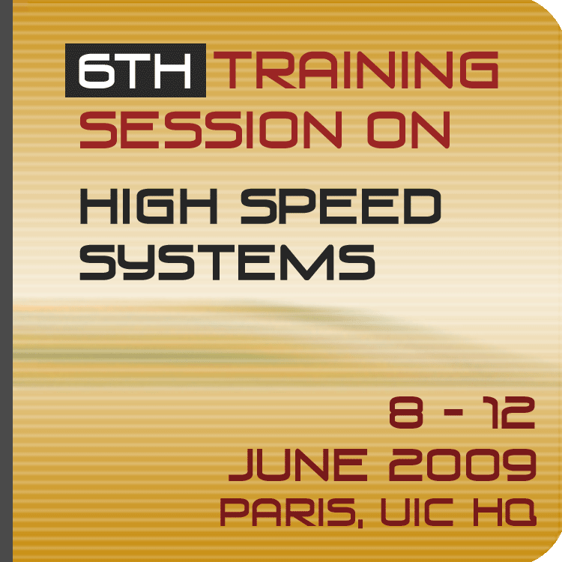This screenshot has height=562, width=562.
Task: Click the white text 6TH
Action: click(135, 70)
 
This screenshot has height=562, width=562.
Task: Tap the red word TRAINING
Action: click(355, 70)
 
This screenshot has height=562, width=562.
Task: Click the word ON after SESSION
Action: click(408, 130)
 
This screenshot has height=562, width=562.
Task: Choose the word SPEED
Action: click(340, 206)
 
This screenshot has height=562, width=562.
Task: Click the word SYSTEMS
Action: click(227, 262)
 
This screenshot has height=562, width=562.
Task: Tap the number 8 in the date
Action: click(405, 412)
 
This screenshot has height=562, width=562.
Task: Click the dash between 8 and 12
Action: click(453, 413)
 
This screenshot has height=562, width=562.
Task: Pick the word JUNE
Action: click(298, 465)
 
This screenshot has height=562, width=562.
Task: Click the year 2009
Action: click(462, 465)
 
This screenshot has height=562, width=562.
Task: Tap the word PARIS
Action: click(287, 512)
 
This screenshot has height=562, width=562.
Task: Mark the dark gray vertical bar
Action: click(6, 281)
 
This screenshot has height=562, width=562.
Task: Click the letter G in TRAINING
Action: click(478, 70)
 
